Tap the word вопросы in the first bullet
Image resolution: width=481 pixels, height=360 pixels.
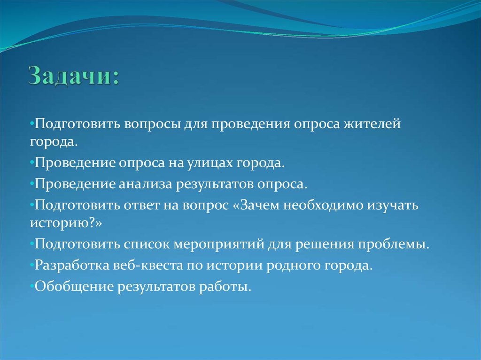pyautogui.click(x=153, y=125)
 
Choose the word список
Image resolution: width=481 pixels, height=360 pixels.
pyautogui.click(x=147, y=245)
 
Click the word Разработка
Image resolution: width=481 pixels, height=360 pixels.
pyautogui.click(x=67, y=265)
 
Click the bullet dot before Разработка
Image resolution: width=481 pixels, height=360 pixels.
pyautogui.click(x=32, y=265)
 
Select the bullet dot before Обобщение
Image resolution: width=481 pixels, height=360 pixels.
pyautogui.click(x=32, y=285)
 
